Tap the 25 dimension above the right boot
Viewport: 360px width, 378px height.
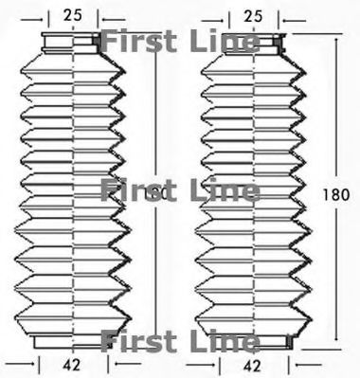coord(253,14)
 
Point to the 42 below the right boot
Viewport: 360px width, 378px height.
coord(251,362)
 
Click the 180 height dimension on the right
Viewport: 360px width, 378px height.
coord(335,193)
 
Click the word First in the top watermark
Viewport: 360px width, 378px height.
coord(133,42)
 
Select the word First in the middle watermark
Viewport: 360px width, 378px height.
coord(133,190)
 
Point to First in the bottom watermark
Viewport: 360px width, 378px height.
coord(133,339)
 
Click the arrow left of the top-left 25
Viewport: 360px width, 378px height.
coord(33,16)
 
